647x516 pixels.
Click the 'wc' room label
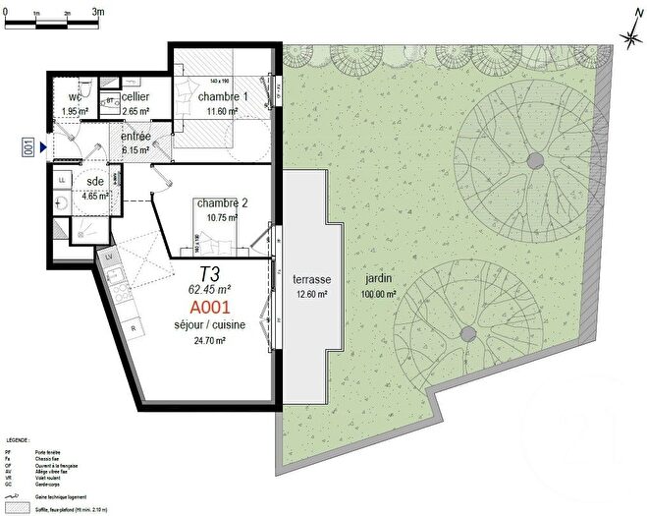75,97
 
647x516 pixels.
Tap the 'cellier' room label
135,97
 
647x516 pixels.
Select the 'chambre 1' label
222,97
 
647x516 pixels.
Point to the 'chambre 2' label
221,203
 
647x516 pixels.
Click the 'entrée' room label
135,137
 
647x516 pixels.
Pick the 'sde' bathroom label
95,183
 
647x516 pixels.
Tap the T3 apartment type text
209,273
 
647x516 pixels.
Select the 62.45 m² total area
209,289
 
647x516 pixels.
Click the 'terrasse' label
314,278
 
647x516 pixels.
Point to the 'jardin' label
377,278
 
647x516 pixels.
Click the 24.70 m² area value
208,340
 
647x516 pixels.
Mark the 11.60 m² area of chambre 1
221,111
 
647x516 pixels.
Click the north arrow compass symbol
629,35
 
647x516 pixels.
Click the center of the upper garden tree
534,159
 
